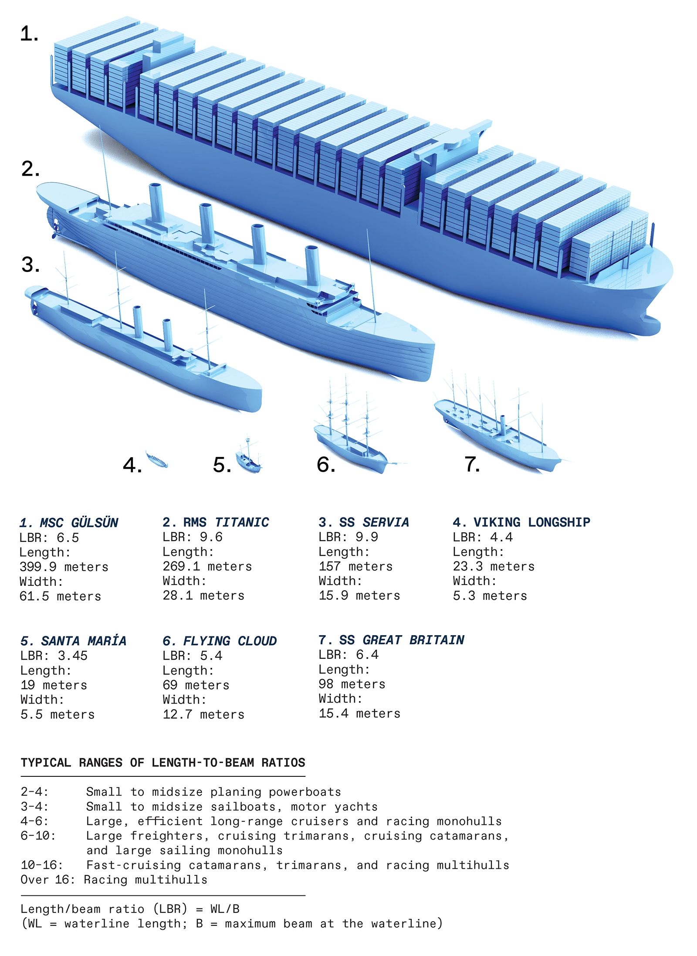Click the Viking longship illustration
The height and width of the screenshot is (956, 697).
[x=156, y=460]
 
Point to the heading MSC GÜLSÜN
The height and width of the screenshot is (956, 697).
[x=69, y=523]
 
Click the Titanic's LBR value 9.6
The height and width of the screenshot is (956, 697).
[x=211, y=537]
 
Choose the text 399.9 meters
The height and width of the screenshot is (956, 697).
[x=64, y=567]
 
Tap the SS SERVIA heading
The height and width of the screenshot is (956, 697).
[x=364, y=522]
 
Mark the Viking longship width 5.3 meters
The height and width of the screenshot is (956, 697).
[x=490, y=595]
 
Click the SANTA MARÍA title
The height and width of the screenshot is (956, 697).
[x=73, y=641]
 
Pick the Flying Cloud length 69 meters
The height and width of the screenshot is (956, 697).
[x=196, y=685]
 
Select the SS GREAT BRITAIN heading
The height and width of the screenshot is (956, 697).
[x=391, y=640]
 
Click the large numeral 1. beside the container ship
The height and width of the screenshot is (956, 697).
[x=29, y=34]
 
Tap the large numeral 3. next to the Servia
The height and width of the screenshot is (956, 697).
[x=30, y=264]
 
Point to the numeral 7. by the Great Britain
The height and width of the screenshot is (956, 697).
[x=472, y=464]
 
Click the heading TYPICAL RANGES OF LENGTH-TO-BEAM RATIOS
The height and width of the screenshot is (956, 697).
[x=163, y=762]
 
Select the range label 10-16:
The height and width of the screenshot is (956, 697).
[x=42, y=865]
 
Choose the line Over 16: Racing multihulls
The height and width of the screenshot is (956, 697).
[x=114, y=880]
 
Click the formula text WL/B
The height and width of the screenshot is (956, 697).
[x=225, y=909]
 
